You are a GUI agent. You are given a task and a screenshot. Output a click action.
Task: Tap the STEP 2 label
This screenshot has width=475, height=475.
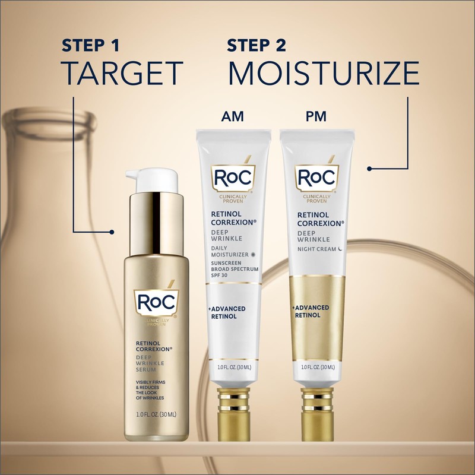[256, 45]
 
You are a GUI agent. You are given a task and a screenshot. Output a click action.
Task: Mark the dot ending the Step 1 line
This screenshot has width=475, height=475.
[113, 231]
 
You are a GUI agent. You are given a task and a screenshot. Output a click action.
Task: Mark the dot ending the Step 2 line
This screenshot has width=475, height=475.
[369, 168]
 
